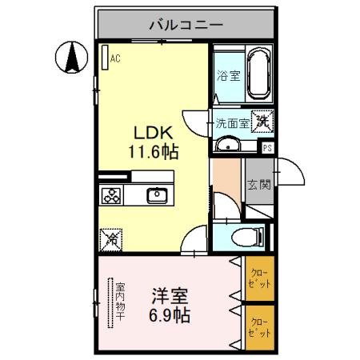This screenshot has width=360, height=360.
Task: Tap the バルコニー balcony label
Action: pyautogui.click(x=186, y=25)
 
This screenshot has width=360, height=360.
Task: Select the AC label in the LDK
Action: pyautogui.click(x=115, y=58)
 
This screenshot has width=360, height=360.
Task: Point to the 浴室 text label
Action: pyautogui.click(x=228, y=77)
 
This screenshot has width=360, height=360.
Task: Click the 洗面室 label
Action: pyautogui.click(x=233, y=124)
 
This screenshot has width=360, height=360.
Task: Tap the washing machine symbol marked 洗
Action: pyautogui.click(x=262, y=122)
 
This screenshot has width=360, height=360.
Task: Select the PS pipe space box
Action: pyautogui.click(x=268, y=147)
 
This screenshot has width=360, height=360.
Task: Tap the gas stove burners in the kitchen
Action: pyautogui.click(x=110, y=195)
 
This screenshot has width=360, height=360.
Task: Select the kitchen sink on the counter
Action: pyautogui.click(x=157, y=195)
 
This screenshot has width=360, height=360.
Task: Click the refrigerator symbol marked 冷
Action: pyautogui.click(x=110, y=238)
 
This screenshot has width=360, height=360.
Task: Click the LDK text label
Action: pyautogui.click(x=149, y=131)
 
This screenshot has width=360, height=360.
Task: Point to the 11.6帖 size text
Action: pyautogui.click(x=149, y=150)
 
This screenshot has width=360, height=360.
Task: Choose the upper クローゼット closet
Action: pyautogui.click(x=258, y=278)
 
